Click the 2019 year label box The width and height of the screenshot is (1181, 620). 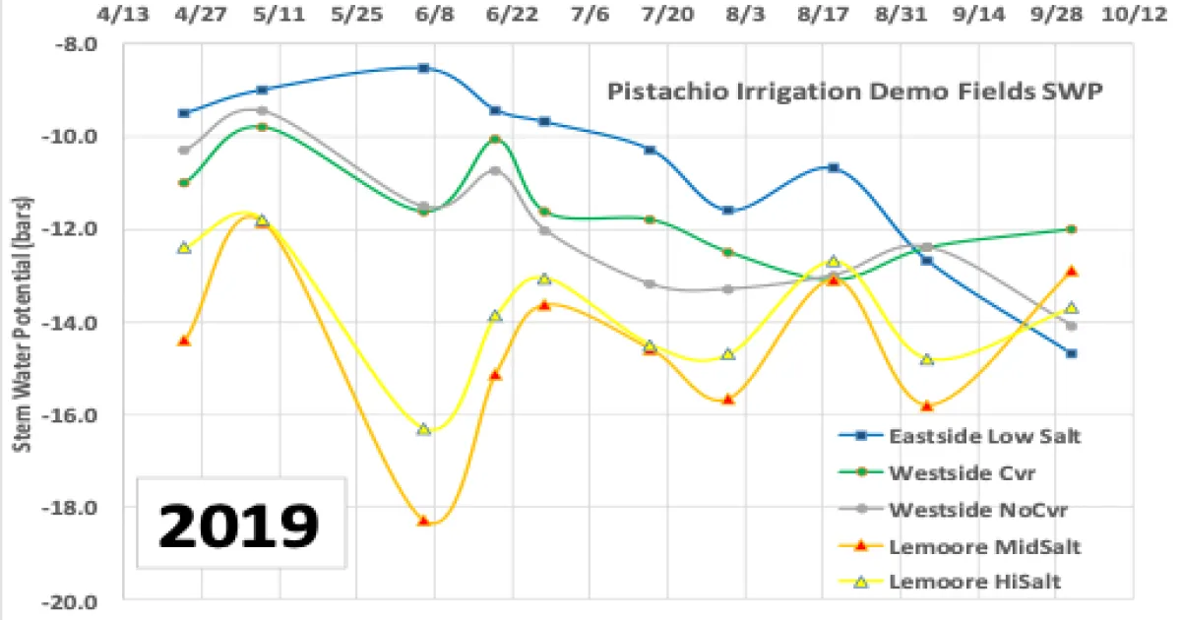[240, 525]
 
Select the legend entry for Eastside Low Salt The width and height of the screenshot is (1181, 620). [969, 435]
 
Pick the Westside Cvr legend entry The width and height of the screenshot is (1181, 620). [951, 472]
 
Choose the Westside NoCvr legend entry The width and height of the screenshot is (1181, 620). [963, 510]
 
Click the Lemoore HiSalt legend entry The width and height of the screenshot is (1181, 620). [961, 582]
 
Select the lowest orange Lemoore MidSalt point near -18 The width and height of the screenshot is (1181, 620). [424, 521]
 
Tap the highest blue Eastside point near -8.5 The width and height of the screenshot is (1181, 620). [424, 68]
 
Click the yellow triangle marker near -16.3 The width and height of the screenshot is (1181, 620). [424, 429]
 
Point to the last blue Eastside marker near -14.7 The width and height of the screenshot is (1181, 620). [1072, 353]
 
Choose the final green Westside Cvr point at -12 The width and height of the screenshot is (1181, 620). [1072, 229]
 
